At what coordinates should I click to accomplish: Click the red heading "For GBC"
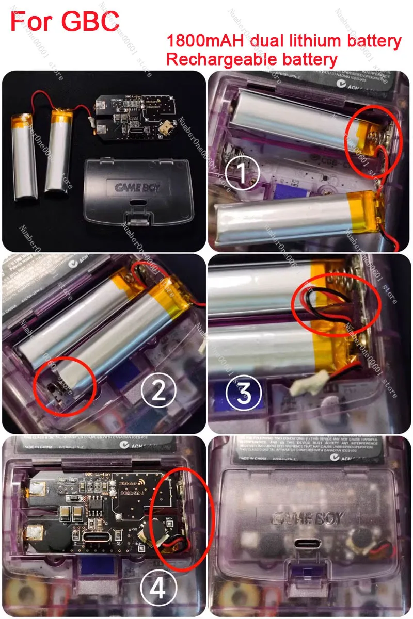[x=65, y=22]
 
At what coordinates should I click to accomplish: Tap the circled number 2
[x=157, y=390]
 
